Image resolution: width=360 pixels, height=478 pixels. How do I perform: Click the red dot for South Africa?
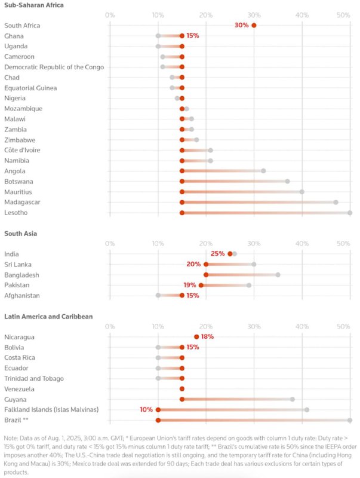(x=254, y=25)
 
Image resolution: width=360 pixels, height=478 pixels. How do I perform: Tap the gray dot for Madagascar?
(x=336, y=202)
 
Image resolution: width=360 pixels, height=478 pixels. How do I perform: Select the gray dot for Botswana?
(x=287, y=181)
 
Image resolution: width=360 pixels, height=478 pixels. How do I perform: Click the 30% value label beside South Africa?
(x=242, y=25)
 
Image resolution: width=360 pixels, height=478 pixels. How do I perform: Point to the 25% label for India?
(x=217, y=253)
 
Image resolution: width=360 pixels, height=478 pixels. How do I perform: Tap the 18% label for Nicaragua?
(x=207, y=336)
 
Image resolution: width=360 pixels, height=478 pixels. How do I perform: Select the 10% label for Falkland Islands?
(x=146, y=409)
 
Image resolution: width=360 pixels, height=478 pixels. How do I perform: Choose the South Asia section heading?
(x=20, y=233)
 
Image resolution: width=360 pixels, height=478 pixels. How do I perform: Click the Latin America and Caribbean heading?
(x=48, y=316)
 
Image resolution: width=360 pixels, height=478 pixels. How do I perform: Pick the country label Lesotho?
(x=16, y=213)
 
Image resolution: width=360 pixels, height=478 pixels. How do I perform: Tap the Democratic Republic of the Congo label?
(x=54, y=67)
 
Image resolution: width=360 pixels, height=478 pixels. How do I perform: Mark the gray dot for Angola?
(x=263, y=171)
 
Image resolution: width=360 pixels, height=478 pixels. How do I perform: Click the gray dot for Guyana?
(x=293, y=399)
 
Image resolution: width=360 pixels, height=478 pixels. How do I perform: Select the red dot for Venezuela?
(x=182, y=388)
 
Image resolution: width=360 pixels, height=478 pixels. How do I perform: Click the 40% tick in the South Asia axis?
(x=302, y=243)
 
